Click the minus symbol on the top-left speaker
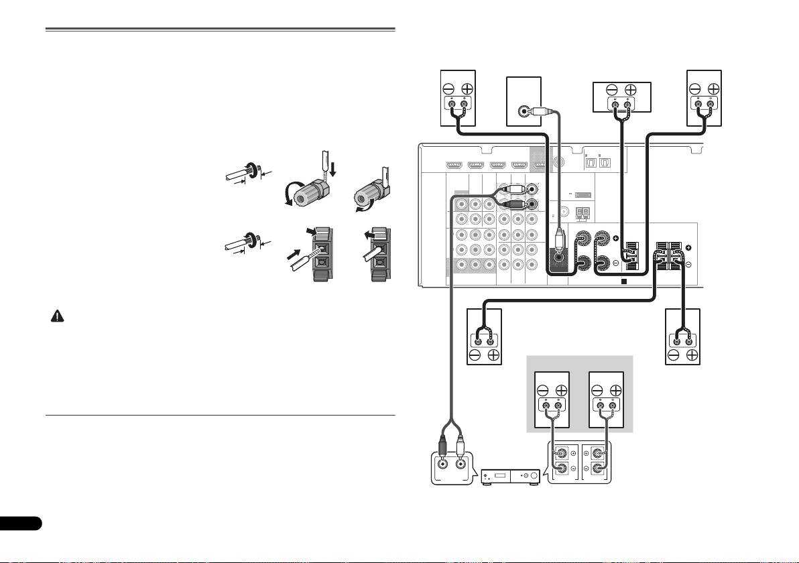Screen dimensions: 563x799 click(x=448, y=89)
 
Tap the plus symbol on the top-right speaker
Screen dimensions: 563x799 click(x=713, y=89)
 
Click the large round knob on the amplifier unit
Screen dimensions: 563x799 click(x=533, y=477)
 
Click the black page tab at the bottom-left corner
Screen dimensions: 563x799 click(x=20, y=523)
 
